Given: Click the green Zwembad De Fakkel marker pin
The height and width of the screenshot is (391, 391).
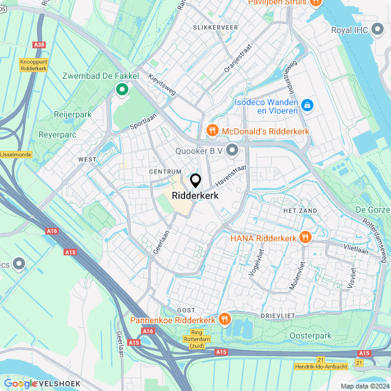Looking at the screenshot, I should coord(122,90).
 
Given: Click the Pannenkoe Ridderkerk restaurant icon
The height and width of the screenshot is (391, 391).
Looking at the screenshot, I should coord(225,319).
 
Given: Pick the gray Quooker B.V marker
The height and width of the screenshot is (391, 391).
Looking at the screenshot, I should coord(232,149).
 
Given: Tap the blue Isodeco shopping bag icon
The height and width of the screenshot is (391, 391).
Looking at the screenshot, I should coord(307,106).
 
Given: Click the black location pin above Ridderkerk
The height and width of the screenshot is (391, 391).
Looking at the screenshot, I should coord(195,181).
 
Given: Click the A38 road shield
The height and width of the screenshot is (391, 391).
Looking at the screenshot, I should coord(40,45).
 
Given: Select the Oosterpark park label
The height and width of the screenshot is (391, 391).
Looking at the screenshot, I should coord(310,335).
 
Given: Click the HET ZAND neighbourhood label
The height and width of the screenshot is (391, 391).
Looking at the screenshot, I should coord(300,210).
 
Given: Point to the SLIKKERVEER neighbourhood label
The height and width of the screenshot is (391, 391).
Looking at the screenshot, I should coord(215,27).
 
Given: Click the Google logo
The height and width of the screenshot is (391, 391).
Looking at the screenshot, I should coord(21,383).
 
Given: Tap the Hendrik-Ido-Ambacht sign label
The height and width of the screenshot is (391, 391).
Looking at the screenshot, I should coord(320,366).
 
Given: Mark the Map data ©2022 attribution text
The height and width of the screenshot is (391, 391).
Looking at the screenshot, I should coord(365,386).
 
